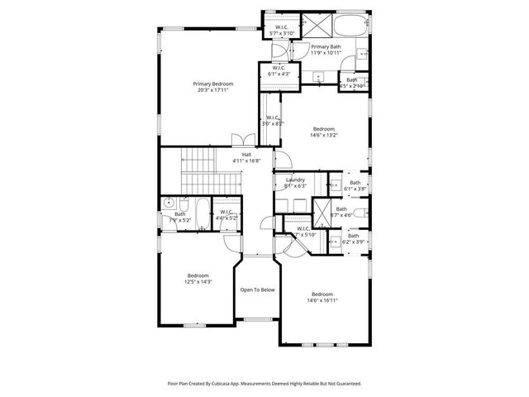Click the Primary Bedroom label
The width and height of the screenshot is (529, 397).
[212, 87]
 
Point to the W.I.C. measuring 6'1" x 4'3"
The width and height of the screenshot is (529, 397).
[279, 71]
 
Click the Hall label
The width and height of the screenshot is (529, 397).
[246, 157]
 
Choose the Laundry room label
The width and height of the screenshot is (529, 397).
[295, 183]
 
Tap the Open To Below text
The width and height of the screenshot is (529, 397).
[257, 289]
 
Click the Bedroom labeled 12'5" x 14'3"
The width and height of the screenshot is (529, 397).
[198, 279]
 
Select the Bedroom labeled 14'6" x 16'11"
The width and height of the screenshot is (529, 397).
[323, 298]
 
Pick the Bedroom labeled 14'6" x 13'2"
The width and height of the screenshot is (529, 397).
[323, 132]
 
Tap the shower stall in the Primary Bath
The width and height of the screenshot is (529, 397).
[318, 23]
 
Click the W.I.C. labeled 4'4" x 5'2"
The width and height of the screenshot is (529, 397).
[226, 214]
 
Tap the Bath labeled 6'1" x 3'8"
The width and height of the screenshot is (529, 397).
[355, 186]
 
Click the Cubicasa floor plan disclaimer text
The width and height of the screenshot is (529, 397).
[264, 384]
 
